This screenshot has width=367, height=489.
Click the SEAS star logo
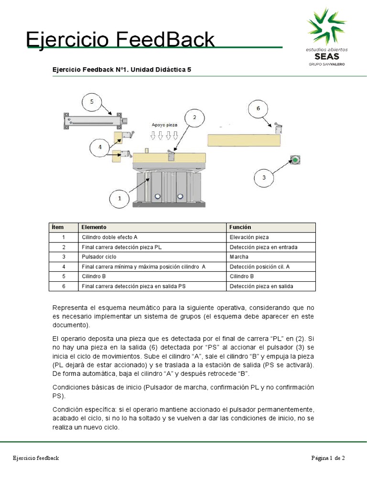(327, 26)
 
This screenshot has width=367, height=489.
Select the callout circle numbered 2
(194, 117)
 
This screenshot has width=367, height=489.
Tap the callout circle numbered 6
(258, 108)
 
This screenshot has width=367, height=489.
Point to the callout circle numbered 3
(264, 179)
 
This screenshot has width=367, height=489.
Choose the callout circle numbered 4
(100, 148)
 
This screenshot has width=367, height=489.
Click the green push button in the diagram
(295, 159)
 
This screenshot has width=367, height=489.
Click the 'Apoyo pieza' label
(164, 125)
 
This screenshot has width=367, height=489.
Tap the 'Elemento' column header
(94, 227)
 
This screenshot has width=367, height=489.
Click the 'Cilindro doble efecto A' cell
(109, 237)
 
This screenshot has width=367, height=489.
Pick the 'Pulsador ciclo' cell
(99, 256)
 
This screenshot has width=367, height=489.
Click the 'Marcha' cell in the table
(239, 256)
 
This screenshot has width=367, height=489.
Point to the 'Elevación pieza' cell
(249, 237)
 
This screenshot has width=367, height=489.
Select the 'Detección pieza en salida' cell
(261, 286)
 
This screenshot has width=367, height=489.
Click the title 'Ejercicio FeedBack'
(120, 40)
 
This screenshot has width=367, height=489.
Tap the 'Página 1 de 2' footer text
(328, 458)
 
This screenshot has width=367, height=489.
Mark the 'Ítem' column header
(58, 227)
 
